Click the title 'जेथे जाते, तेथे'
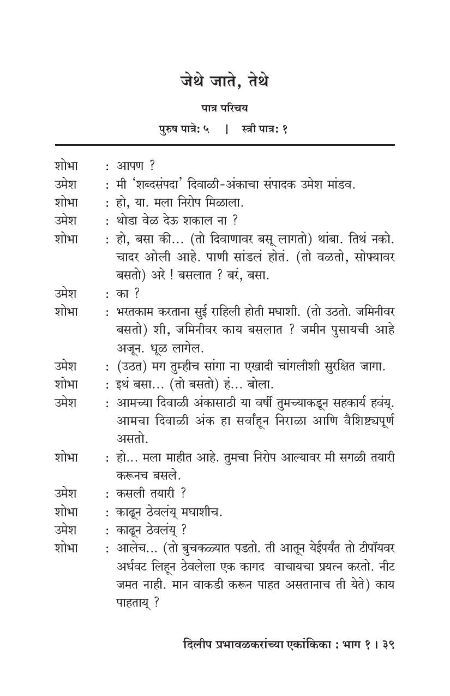(225, 81)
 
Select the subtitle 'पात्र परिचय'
(224, 109)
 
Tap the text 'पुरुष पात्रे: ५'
(184, 129)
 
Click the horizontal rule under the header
(224, 145)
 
